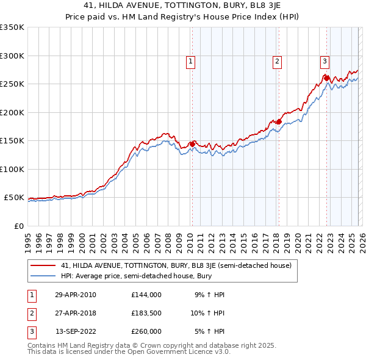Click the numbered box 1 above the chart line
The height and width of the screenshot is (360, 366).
pyautogui.click(x=191, y=61)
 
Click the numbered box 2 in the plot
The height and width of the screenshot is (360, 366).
pyautogui.click(x=277, y=61)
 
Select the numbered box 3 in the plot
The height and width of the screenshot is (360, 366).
pyautogui.click(x=325, y=61)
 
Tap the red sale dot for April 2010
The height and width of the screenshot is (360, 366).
pyautogui.click(x=192, y=144)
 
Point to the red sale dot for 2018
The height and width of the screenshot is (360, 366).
pyautogui.click(x=279, y=122)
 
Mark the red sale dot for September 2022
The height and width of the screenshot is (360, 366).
pyautogui.click(x=326, y=77)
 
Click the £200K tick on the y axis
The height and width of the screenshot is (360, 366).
pyautogui.click(x=12, y=112)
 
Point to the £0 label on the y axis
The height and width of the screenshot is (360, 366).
pyautogui.click(x=18, y=226)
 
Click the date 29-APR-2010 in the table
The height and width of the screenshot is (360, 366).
pyautogui.click(x=75, y=295)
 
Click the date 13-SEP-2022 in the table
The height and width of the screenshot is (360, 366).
pyautogui.click(x=75, y=331)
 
